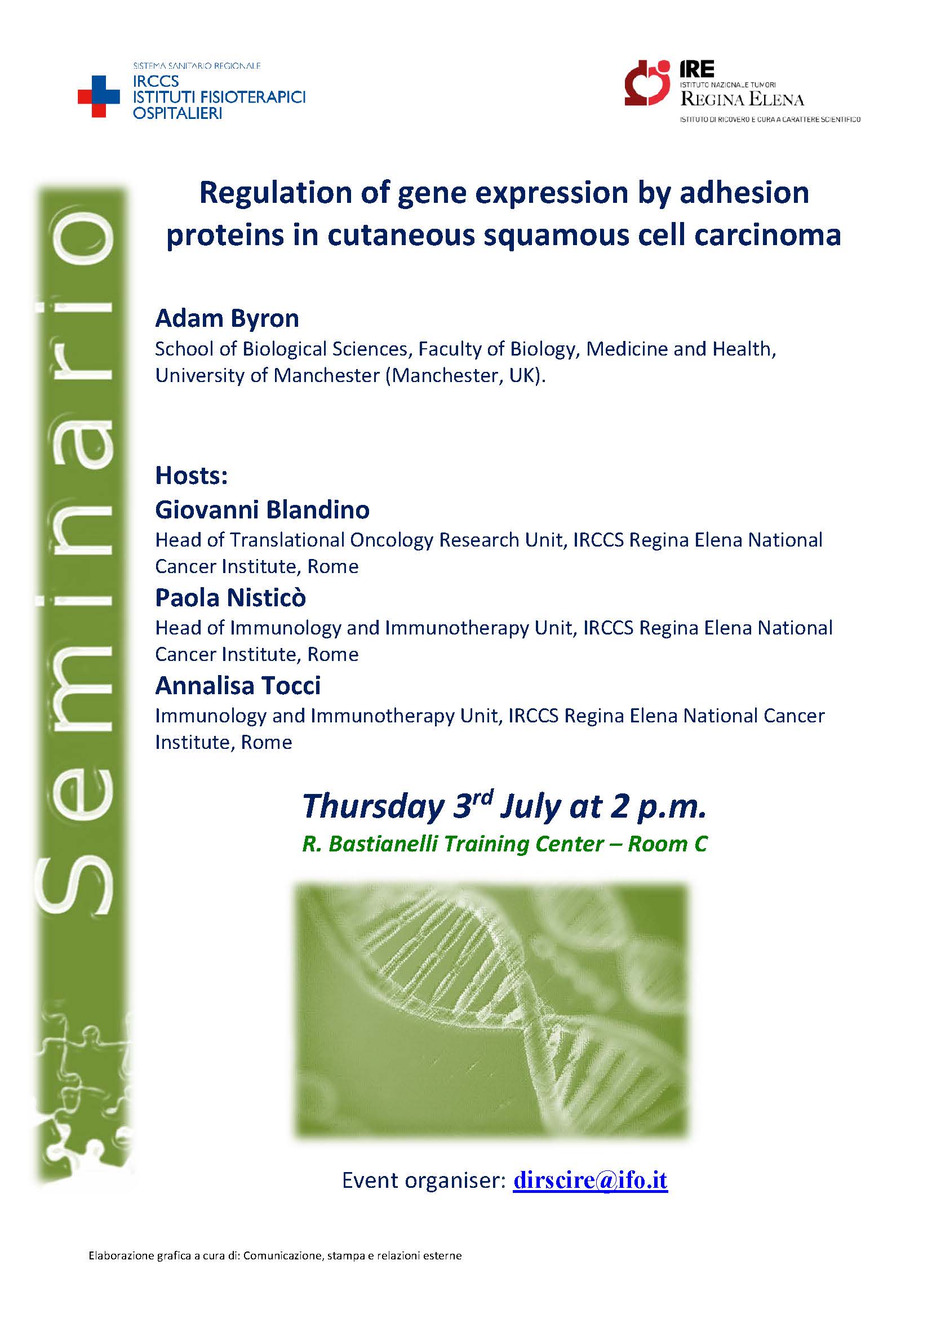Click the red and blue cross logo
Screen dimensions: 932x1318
[x=99, y=97]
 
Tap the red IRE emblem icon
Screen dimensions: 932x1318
[x=648, y=83]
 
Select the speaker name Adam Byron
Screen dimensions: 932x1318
[x=227, y=318]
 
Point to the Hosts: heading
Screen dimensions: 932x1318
[x=192, y=476]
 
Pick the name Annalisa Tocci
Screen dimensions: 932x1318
[x=238, y=685]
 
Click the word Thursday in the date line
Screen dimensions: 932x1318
[x=372, y=807]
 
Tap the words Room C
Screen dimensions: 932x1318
[x=667, y=844]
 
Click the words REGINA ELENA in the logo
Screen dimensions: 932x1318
[x=742, y=100]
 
